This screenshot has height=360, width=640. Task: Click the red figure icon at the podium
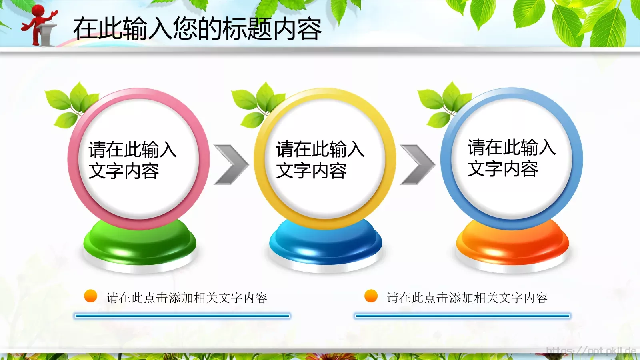click(40, 25)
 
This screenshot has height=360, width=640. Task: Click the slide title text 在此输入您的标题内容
click(197, 29)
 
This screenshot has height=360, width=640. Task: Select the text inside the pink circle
click(132, 160)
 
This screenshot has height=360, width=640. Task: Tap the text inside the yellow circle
click(320, 160)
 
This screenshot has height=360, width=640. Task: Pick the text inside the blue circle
click(511, 158)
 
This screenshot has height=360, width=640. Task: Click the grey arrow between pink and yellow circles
click(231, 165)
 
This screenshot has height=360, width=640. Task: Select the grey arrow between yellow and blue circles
click(417, 165)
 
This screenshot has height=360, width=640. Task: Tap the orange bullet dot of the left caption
click(91, 296)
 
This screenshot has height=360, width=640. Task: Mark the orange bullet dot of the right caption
click(371, 296)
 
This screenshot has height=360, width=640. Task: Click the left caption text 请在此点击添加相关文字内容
click(187, 298)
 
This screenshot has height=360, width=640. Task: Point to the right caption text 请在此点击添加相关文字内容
click(467, 298)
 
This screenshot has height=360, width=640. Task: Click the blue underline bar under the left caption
click(182, 316)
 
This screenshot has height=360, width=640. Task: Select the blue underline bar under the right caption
click(462, 316)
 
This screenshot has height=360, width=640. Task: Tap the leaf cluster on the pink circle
click(70, 103)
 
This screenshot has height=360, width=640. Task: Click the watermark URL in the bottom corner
click(591, 351)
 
